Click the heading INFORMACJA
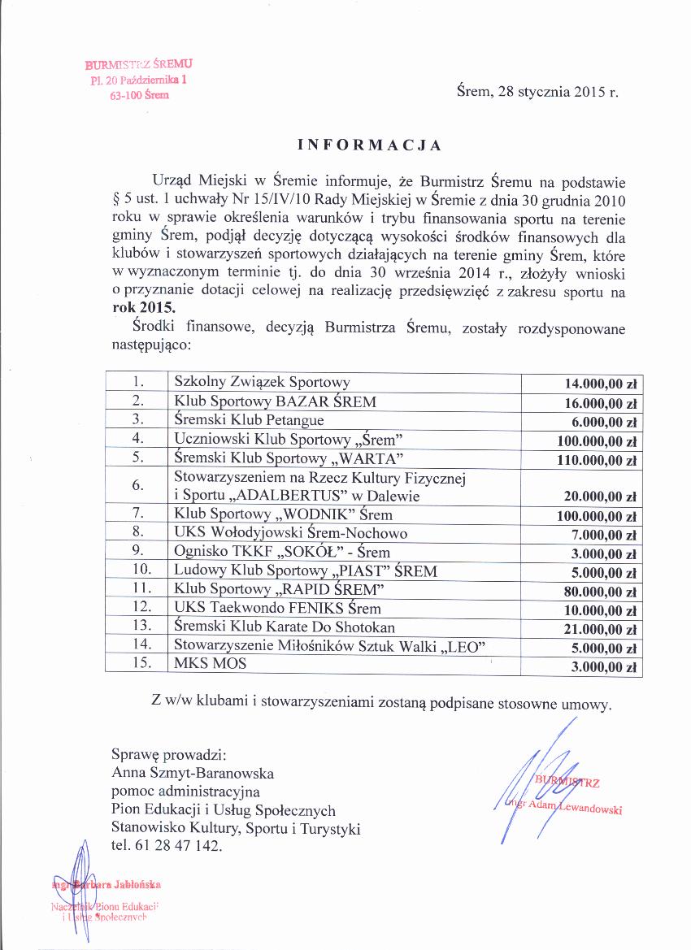(x=369, y=145)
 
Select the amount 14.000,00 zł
(x=599, y=384)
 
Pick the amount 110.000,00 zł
(x=594, y=461)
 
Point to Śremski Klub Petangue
(x=249, y=419)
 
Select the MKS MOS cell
(x=210, y=664)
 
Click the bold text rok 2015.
(x=143, y=309)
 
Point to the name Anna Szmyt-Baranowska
(x=193, y=773)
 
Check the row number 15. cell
(x=137, y=663)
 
